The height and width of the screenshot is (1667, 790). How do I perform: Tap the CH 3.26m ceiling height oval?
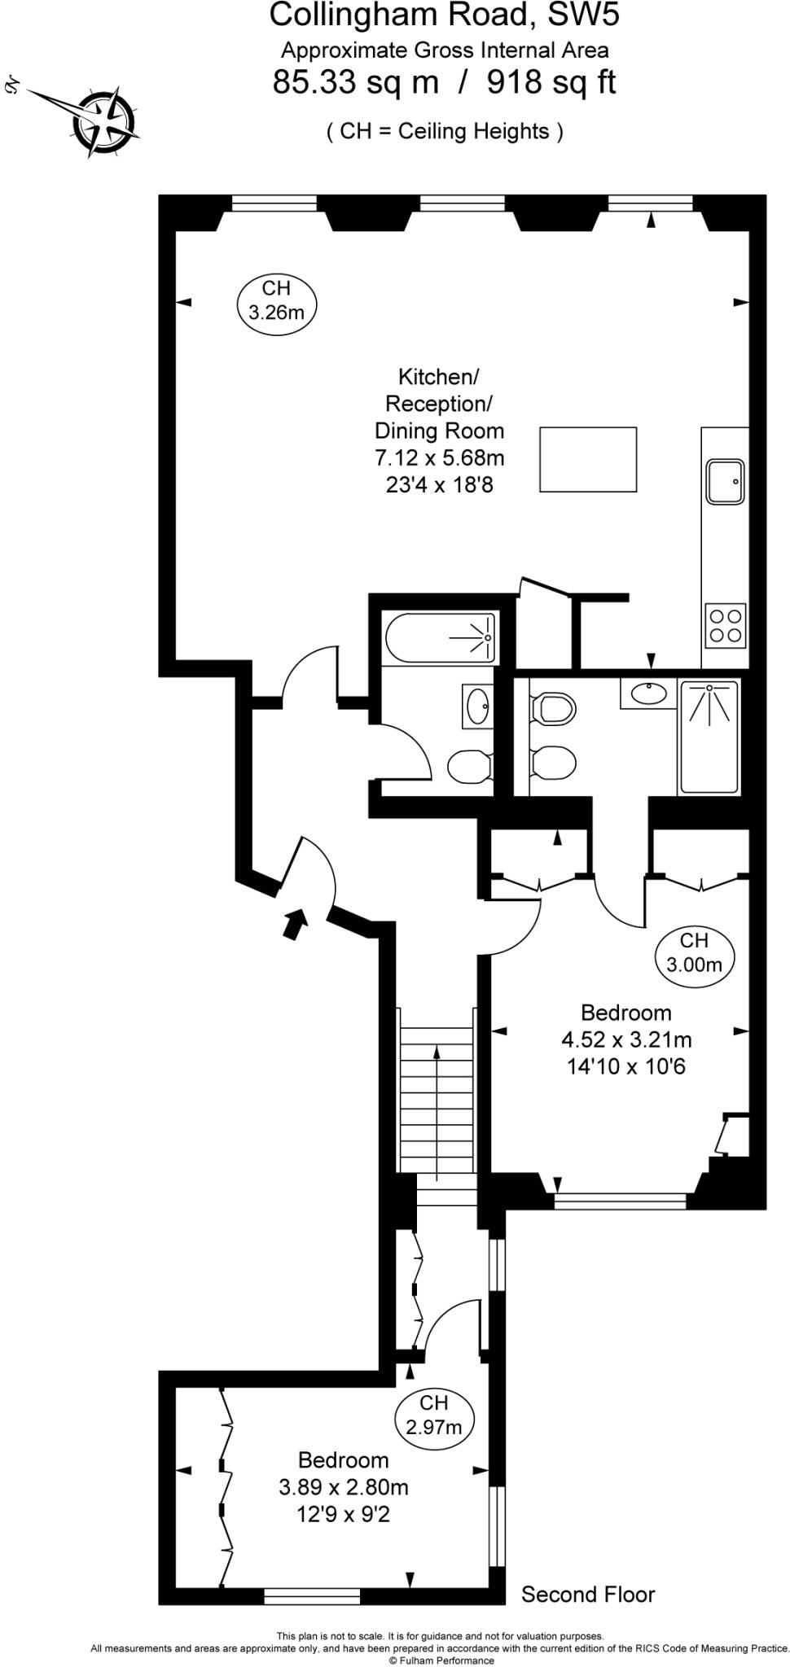click(x=276, y=300)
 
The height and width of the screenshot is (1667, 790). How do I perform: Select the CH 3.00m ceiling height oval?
click(x=694, y=953)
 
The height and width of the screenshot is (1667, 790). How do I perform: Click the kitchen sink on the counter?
click(x=725, y=482)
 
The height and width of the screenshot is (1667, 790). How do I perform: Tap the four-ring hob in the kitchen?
click(x=726, y=625)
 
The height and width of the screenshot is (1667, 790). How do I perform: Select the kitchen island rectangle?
click(x=587, y=459)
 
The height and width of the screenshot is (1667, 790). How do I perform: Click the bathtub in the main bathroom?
click(x=441, y=638)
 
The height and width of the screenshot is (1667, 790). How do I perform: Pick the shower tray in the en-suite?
click(x=709, y=737)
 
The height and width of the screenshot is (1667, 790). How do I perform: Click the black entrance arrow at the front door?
click(x=294, y=925)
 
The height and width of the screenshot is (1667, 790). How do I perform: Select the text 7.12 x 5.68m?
click(x=439, y=458)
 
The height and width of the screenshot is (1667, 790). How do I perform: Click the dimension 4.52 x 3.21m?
click(x=625, y=1039)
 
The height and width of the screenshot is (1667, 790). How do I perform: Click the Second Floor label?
click(x=587, y=1594)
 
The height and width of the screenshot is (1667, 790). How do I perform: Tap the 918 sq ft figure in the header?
click(x=551, y=82)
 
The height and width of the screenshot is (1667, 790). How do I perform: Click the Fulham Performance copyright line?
click(x=441, y=1660)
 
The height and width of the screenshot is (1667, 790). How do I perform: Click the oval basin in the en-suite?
click(x=649, y=693)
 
